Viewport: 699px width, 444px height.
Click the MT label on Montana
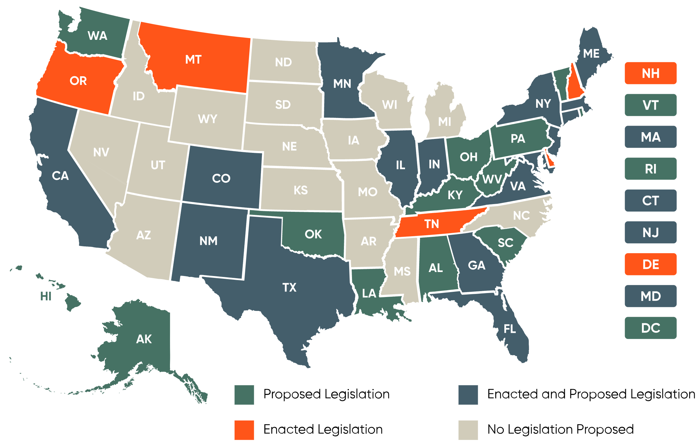[x=193, y=59]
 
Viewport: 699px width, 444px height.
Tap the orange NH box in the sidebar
[x=650, y=73]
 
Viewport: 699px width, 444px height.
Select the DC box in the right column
[x=650, y=328]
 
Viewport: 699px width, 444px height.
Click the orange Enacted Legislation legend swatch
[x=244, y=429]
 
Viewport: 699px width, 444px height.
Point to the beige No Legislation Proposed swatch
[x=468, y=429]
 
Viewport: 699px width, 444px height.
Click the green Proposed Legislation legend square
[x=244, y=395]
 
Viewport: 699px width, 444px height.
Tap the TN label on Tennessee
[x=431, y=224]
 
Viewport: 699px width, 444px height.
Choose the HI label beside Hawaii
[x=46, y=296]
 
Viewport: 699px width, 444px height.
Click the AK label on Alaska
[x=144, y=339]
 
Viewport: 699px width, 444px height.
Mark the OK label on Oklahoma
[x=313, y=234]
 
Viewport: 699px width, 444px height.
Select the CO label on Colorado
[x=221, y=178]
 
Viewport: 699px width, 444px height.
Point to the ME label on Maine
[x=591, y=54]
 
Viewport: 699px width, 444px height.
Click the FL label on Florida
[x=510, y=329]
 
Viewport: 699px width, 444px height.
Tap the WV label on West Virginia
[x=492, y=179]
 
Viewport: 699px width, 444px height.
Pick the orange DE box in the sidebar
[x=650, y=264]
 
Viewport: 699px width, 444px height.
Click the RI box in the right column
[x=650, y=169]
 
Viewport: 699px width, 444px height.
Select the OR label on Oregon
[x=78, y=81]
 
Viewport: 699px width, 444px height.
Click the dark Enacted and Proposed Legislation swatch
[x=468, y=395]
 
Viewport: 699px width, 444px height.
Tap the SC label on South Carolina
[x=505, y=243]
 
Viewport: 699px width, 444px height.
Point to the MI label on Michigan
[x=445, y=122]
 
